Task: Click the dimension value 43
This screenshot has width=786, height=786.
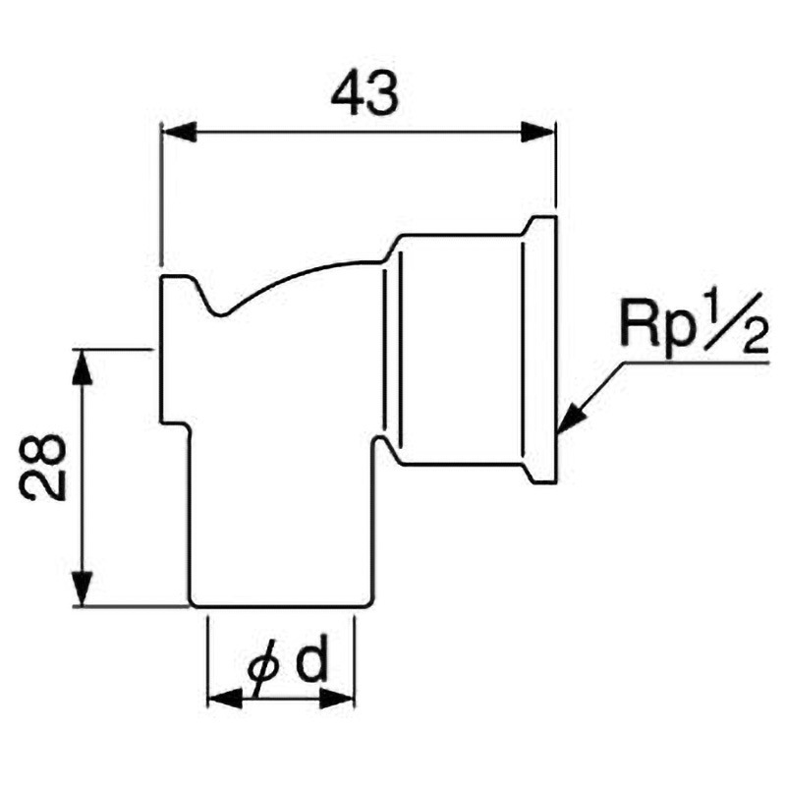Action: (x=365, y=94)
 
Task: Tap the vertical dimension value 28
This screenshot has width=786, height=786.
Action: (x=43, y=468)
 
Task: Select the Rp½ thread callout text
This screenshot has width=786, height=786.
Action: (x=695, y=324)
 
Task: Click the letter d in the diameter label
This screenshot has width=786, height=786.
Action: (x=310, y=660)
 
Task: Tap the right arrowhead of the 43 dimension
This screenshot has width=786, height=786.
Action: (x=538, y=132)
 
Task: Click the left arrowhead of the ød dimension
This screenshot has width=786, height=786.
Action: (x=225, y=699)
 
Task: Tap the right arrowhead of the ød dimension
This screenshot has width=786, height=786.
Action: (x=337, y=699)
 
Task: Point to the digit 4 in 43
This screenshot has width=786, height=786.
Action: (x=347, y=94)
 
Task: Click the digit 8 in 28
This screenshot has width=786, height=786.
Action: (x=43, y=451)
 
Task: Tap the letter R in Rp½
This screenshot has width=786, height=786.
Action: (x=637, y=324)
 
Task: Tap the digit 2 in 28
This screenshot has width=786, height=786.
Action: (x=43, y=485)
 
